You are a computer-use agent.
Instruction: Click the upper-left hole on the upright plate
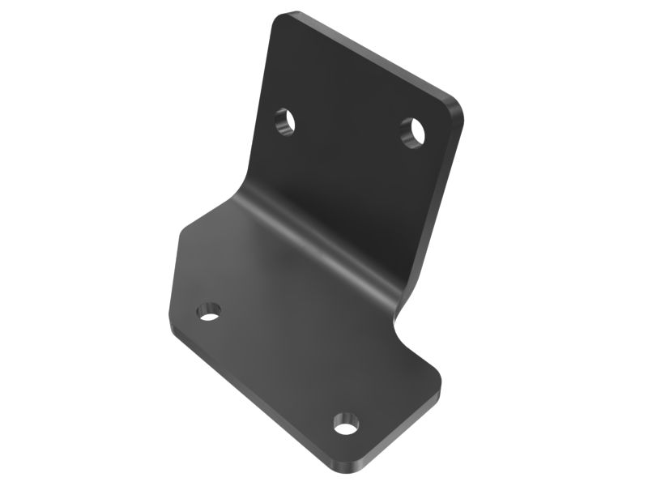[x=284, y=123]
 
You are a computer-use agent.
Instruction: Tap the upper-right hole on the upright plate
[x=413, y=131]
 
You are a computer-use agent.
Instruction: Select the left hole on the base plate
[x=209, y=311]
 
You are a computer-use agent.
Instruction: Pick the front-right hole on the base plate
[x=346, y=422]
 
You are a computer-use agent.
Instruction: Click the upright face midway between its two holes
[x=348, y=127]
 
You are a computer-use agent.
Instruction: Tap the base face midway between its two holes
[x=277, y=366]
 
